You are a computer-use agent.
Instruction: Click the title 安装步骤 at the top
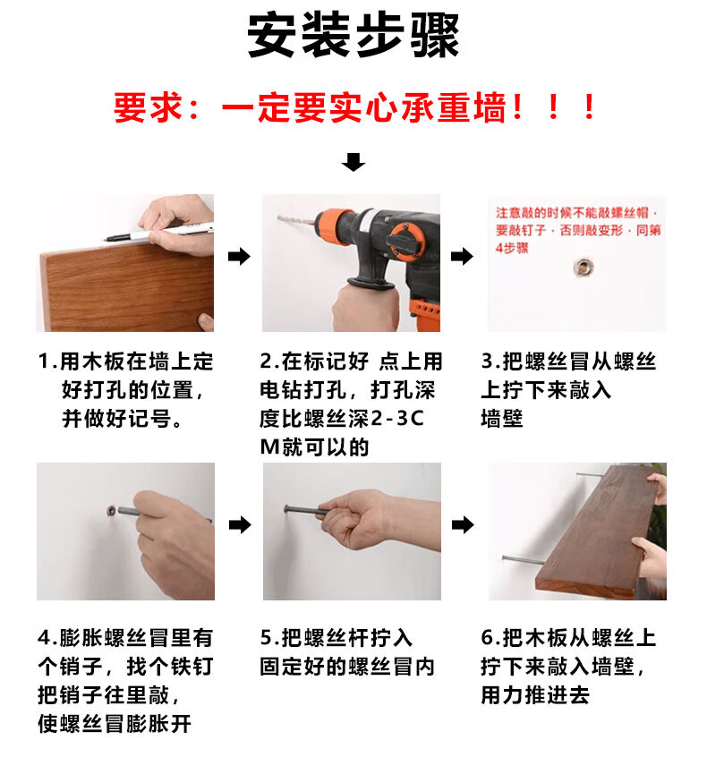tap(353, 35)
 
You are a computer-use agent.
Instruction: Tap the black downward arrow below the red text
tap(353, 162)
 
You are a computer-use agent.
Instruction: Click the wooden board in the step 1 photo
tap(126, 287)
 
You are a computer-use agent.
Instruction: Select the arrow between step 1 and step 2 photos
tap(239, 256)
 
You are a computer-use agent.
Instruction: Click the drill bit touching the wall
tap(295, 222)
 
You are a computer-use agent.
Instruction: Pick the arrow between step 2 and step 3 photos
tap(462, 256)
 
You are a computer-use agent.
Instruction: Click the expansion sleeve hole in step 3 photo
tap(583, 267)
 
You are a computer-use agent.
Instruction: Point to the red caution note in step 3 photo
tap(577, 230)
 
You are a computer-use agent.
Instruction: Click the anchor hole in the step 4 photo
tap(111, 510)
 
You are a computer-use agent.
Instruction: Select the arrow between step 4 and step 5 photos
tap(240, 523)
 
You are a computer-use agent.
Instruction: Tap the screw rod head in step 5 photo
tap(287, 509)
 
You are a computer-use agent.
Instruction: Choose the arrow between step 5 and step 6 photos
tap(463, 523)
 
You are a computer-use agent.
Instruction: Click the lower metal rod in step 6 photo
tap(524, 559)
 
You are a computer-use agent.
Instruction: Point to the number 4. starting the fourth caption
tap(47, 637)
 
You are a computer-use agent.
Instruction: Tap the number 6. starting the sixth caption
tap(491, 637)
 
